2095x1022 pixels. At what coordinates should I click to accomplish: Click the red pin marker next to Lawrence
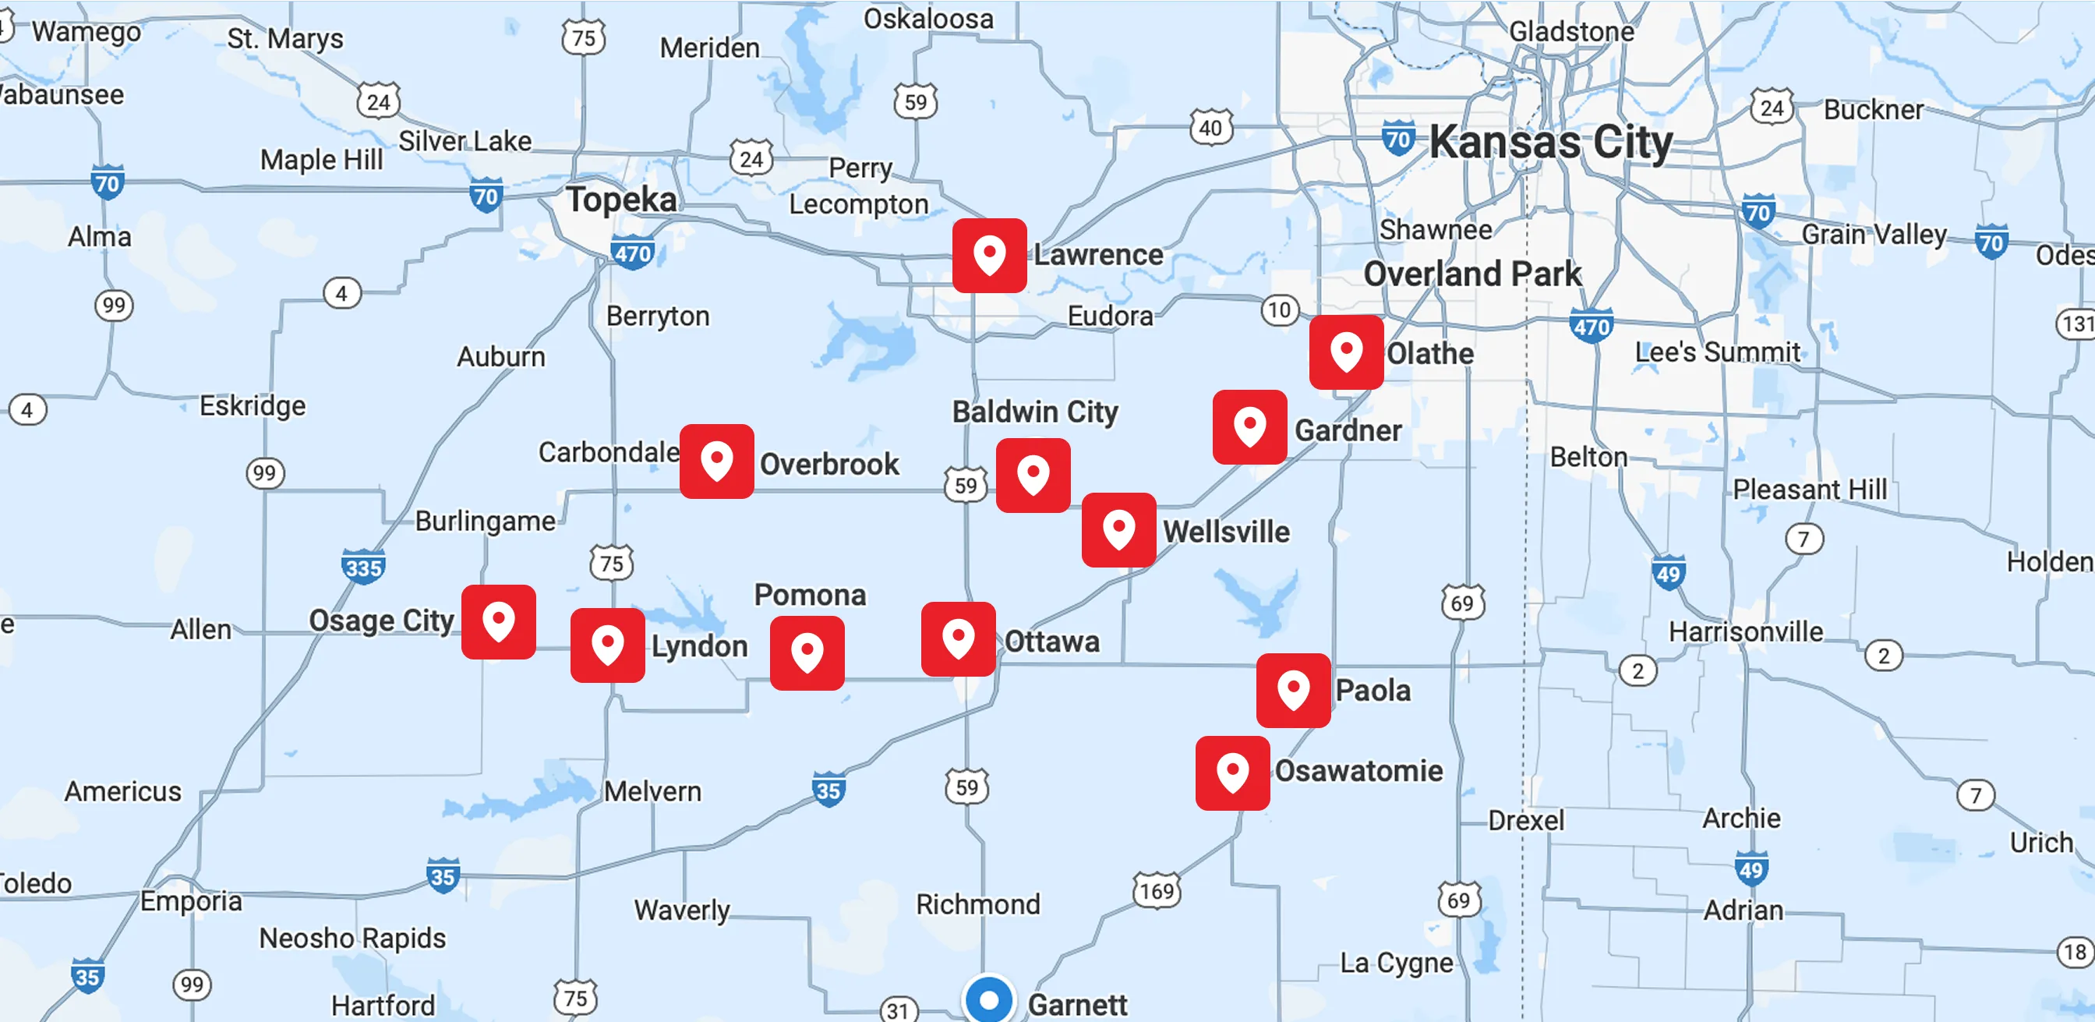[x=989, y=256]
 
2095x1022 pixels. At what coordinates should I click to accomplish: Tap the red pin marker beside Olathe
[x=1346, y=352]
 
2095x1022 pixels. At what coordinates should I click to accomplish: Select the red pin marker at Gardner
[x=1249, y=427]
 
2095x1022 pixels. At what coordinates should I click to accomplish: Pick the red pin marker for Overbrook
[x=716, y=461]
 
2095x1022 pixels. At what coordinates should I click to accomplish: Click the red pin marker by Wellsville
[x=1118, y=530]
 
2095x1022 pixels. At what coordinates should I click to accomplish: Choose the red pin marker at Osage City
[x=499, y=621]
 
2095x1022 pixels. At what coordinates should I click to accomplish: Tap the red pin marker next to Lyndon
[x=607, y=645]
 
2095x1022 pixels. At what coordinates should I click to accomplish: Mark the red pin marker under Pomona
[x=807, y=653]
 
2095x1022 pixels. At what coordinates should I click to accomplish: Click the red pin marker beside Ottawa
[x=958, y=638]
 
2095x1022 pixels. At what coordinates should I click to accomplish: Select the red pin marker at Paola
[x=1293, y=690]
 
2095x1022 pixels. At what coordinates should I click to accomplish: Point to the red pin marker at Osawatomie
[x=1232, y=773]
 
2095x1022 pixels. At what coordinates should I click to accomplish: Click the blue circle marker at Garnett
[x=989, y=1000]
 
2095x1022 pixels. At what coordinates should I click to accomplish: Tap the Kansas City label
[x=1550, y=143]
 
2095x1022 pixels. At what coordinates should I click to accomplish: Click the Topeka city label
[x=621, y=200]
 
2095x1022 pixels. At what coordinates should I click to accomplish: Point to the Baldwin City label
[x=1034, y=412]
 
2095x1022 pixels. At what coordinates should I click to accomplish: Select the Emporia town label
[x=191, y=900]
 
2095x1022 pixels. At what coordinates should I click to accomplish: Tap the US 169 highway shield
[x=1157, y=891]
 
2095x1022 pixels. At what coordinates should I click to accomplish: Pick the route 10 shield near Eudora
[x=1279, y=310]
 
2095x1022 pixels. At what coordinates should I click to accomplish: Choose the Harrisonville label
[x=1745, y=631]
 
